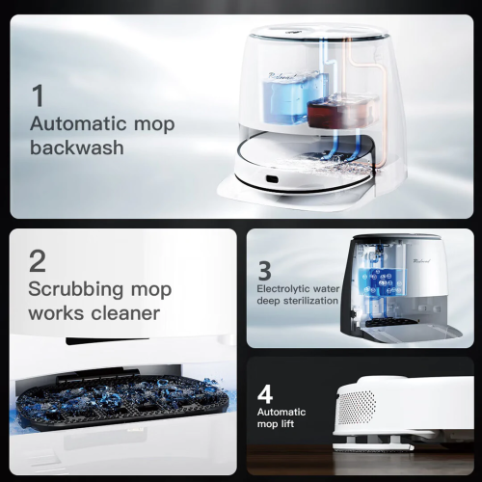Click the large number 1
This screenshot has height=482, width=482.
tap(39, 95)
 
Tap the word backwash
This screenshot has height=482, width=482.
tap(77, 147)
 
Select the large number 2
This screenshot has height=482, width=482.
tap(38, 261)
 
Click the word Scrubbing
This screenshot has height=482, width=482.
tap(75, 291)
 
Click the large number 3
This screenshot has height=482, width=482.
tap(265, 271)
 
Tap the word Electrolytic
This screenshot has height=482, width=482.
tap(282, 289)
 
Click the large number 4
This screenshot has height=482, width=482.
tap(265, 394)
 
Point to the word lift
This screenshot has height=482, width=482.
tap(287, 423)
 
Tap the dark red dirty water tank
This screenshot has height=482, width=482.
tap(340, 111)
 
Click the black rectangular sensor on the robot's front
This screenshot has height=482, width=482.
tap(271, 178)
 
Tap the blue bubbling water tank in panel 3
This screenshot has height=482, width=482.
tap(384, 281)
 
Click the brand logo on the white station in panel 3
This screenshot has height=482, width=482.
tap(421, 261)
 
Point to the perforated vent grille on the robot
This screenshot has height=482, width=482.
tap(357, 408)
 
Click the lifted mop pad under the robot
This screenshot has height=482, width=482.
tap(373, 446)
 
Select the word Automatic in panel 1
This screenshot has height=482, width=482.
tap(78, 123)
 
